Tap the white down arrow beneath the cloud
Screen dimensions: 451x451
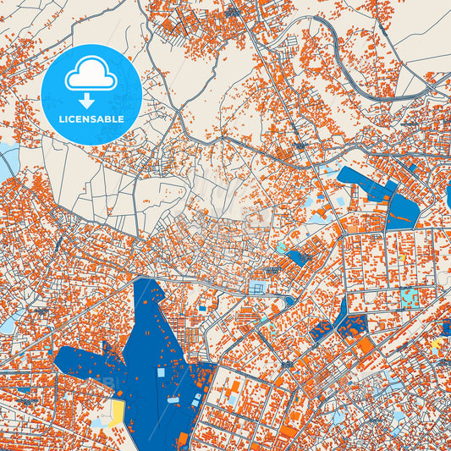[91, 100]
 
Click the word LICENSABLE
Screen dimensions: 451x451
[91, 118]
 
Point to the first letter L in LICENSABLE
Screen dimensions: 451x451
[63, 118]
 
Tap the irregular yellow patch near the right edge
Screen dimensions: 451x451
[435, 345]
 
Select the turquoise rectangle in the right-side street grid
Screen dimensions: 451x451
[410, 297]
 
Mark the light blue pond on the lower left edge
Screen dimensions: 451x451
[8, 320]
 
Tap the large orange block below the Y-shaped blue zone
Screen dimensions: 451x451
[365, 345]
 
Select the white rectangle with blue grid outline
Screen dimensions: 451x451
[256, 289]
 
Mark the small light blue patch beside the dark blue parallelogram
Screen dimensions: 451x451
[278, 247]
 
